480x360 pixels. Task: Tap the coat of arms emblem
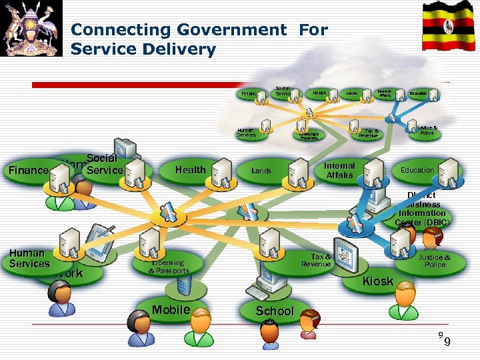31,28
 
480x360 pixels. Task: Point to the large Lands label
261,171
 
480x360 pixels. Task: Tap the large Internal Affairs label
339,170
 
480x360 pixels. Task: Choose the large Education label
417,170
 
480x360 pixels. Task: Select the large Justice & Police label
434,261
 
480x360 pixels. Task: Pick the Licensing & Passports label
169,267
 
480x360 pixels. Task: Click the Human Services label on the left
29,258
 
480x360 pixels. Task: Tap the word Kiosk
377,281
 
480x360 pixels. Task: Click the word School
275,311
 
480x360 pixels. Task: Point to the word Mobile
171,309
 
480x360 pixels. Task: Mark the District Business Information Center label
423,209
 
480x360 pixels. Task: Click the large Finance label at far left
28,170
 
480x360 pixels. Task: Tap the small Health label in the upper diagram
319,93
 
